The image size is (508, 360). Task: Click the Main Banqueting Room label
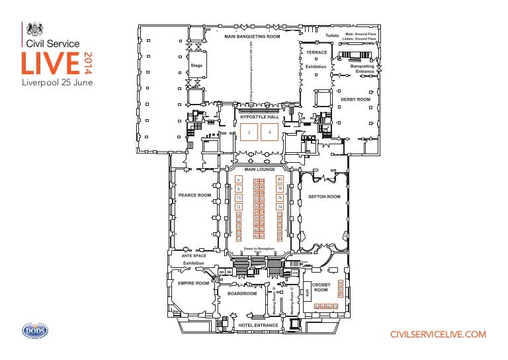(252, 36)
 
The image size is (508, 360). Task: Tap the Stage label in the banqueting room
(196, 66)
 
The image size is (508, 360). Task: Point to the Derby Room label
(355, 99)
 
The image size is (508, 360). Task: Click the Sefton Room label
(324, 197)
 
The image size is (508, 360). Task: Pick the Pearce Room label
(194, 195)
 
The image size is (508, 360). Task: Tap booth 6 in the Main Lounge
(238, 180)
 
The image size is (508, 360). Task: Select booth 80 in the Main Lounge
(280, 179)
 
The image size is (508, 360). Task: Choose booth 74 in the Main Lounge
(280, 207)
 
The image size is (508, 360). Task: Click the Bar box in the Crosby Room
(307, 292)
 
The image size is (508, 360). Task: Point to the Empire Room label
(193, 283)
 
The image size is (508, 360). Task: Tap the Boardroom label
(241, 292)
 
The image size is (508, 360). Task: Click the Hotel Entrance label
(258, 325)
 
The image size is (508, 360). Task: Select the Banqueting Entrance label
(362, 68)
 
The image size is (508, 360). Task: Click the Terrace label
(316, 52)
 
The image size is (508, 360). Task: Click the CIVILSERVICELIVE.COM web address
(439, 335)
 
